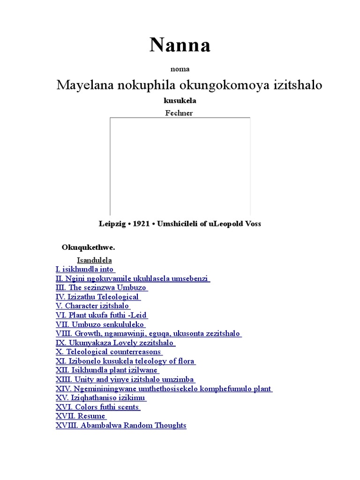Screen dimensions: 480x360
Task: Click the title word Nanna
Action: (180, 45)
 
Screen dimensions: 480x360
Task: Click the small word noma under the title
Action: (180, 69)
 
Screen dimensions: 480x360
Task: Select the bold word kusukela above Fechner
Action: (180, 101)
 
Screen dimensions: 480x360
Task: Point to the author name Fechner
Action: (179, 113)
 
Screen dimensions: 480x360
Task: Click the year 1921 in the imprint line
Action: (141, 224)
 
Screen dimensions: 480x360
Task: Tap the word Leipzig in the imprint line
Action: (113, 224)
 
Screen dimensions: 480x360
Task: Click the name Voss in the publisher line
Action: (252, 224)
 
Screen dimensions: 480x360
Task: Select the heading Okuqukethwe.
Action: (89, 247)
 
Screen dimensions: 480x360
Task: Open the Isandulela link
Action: (94, 260)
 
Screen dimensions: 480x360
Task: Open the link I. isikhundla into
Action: (85, 269)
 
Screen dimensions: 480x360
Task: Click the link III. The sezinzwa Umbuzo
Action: (102, 287)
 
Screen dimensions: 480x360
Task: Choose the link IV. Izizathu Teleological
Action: (98, 297)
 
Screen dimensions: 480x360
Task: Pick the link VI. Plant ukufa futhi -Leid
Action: (102, 315)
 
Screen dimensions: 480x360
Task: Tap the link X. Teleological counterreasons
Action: (109, 352)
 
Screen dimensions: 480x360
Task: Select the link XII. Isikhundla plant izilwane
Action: (107, 370)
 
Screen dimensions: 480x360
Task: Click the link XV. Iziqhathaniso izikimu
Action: (101, 397)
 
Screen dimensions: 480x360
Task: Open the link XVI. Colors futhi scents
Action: (98, 407)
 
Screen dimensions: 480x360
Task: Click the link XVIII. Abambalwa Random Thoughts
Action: (121, 425)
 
